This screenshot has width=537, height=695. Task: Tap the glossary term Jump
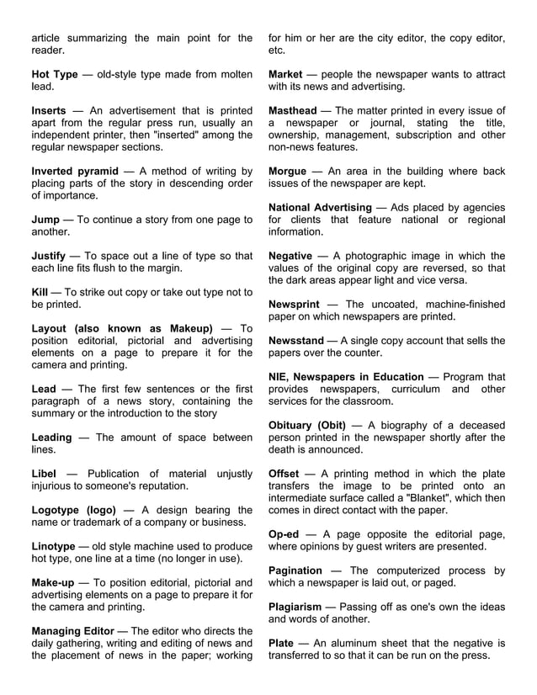point(45,220)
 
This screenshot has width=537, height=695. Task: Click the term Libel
point(44,475)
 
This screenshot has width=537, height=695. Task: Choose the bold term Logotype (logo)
point(72,511)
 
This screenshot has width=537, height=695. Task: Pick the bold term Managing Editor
point(77,631)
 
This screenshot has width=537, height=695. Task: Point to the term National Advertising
point(320,208)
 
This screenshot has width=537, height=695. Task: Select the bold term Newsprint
point(298,305)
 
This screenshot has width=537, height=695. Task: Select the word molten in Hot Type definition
point(231,75)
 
